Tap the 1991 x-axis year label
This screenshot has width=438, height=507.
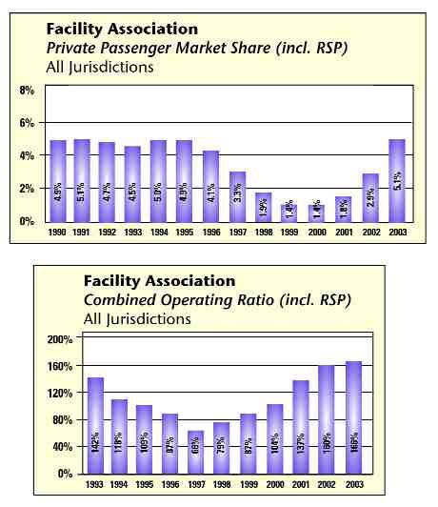[83, 231]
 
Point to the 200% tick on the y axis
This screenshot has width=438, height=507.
[60, 339]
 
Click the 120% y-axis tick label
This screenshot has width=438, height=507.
[60, 393]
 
